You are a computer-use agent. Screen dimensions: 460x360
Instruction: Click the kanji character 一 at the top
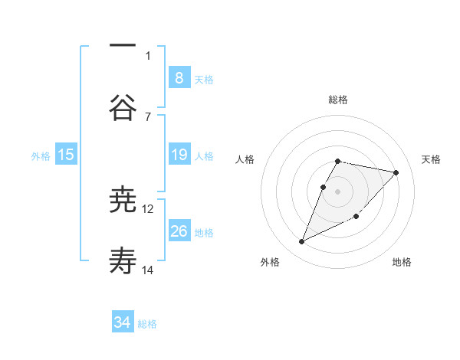coord(123,47)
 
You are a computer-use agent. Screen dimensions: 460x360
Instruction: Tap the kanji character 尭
coord(123,200)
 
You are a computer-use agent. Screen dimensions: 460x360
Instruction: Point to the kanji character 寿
coord(123,261)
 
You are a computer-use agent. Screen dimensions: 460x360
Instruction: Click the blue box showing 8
coord(179,77)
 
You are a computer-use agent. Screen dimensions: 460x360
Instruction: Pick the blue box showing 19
coord(179,155)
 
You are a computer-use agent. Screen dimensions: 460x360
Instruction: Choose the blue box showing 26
coord(179,231)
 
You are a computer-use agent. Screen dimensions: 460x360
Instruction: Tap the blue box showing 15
coord(66,155)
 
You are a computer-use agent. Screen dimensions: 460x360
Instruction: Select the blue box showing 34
coord(123,322)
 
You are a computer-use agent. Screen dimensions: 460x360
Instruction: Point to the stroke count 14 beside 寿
coord(148,270)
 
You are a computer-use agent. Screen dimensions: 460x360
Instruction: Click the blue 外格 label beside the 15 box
coord(41,155)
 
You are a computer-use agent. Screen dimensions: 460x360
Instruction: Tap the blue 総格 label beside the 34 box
coord(147,323)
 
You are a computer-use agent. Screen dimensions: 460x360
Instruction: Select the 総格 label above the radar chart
coord(338,100)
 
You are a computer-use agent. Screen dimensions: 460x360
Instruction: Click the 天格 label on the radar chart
coord(431,159)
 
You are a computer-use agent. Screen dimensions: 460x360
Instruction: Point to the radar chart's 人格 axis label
coord(245,159)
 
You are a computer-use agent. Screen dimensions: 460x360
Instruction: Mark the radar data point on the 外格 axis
coord(301,242)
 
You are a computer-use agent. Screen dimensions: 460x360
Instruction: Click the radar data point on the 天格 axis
coord(396,172)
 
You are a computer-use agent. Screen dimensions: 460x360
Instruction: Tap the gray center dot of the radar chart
coord(338,191)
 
